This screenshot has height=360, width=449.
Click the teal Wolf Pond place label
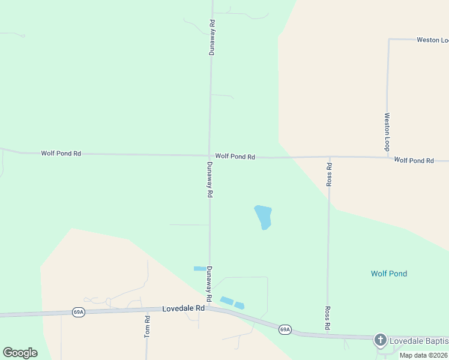tap(388, 274)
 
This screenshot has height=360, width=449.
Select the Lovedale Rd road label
tap(184, 308)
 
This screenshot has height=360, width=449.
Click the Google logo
tap(20, 353)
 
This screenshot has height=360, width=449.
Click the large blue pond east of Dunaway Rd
tap(263, 217)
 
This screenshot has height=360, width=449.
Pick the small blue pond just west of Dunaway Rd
tap(200, 269)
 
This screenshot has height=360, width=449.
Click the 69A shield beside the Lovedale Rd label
tap(79, 312)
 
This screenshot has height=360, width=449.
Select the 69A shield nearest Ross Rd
tap(285, 329)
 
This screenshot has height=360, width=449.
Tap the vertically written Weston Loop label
tap(387, 132)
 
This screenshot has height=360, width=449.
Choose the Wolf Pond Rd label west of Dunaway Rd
tap(61, 154)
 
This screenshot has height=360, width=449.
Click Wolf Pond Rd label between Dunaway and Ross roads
tap(235, 157)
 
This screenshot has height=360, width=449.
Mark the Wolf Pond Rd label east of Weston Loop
tap(414, 161)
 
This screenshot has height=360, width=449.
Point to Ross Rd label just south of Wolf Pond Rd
tap(329, 174)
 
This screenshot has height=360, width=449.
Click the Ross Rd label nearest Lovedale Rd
tap(328, 318)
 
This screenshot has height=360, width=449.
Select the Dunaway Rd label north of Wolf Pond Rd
tap(212, 38)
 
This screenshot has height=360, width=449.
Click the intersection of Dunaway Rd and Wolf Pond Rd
tap(209, 156)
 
